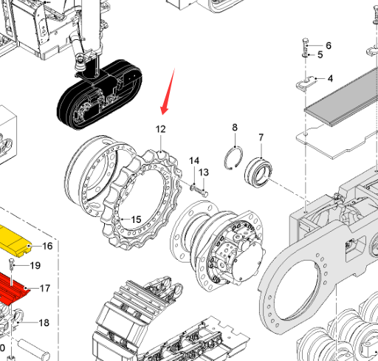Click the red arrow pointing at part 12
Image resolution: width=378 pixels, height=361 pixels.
[168, 92]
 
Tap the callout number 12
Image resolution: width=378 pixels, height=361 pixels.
[160, 129]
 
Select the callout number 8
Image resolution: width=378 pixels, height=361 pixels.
[235, 128]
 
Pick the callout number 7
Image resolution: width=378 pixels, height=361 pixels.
[261, 137]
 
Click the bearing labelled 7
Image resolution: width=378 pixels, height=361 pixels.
[258, 173]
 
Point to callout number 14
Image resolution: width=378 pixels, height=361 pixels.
[194, 161]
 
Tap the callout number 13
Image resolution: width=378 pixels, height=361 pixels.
[204, 172]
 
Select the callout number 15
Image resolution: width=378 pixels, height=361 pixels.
[136, 219]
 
